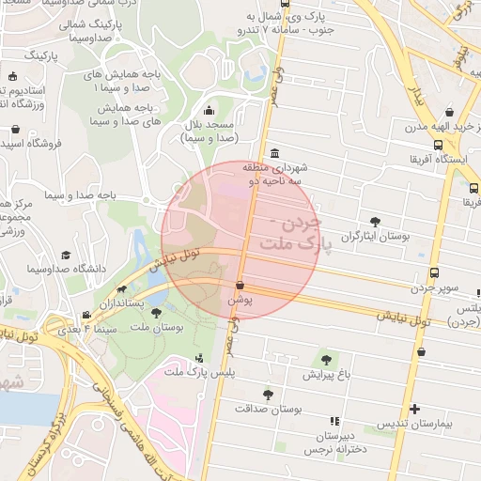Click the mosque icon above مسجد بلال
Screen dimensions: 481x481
pyautogui.click(x=208, y=108)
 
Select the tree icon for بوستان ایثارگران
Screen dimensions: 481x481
pyautogui.click(x=375, y=222)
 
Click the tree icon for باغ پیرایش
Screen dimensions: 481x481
pyautogui.click(x=326, y=358)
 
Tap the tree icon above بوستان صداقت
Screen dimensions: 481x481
pyautogui.click(x=268, y=395)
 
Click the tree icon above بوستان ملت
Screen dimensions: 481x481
pyautogui.click(x=154, y=311)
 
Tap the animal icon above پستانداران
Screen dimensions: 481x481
pyautogui.click(x=121, y=290)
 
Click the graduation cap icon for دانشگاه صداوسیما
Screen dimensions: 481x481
pyautogui.click(x=66, y=255)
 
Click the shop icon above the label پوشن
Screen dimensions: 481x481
pyautogui.click(x=240, y=285)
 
